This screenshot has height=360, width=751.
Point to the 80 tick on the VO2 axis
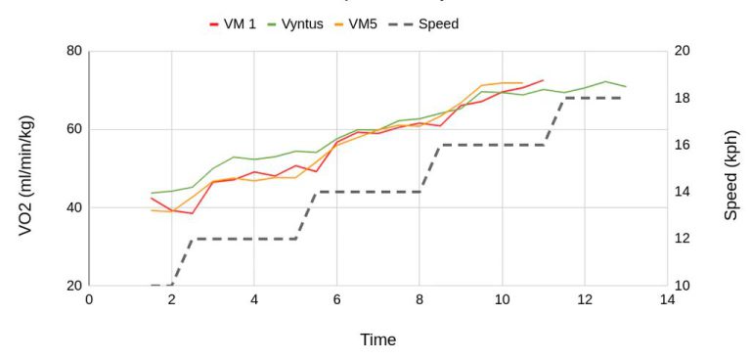click(x=70, y=51)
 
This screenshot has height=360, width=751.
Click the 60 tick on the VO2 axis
click(x=70, y=129)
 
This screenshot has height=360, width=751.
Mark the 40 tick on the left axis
click(x=70, y=207)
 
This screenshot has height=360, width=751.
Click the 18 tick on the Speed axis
click(x=683, y=98)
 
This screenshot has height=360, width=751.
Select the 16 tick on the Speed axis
click(x=683, y=145)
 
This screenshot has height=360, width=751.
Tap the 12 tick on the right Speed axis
click(x=683, y=239)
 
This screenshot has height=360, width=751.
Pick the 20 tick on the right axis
click(x=683, y=51)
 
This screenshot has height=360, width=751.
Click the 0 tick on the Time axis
click(x=89, y=300)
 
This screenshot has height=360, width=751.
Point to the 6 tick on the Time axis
click(x=336, y=300)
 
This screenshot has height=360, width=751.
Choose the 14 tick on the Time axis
click(x=666, y=300)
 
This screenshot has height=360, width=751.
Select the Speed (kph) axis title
click(x=730, y=168)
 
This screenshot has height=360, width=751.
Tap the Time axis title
click(x=377, y=339)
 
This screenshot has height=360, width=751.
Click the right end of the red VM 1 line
click(x=543, y=80)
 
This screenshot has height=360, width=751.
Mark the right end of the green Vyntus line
click(x=625, y=87)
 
